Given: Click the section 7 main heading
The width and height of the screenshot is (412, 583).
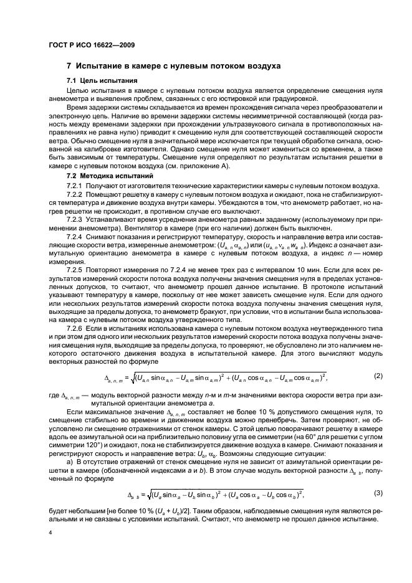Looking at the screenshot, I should [x=174, y=66].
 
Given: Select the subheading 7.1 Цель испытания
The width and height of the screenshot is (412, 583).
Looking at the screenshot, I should [x=102, y=82].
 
